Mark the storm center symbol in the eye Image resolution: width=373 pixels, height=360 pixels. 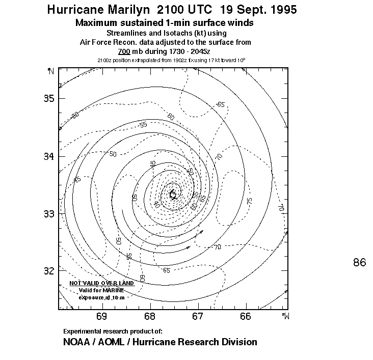coord(173,193)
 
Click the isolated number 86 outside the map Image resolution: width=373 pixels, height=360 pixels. coord(359,262)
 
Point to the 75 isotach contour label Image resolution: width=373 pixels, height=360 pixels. coord(250,201)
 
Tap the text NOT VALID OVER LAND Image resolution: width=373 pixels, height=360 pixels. coord(102,283)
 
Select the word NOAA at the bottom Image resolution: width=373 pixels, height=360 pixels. coord(76,342)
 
